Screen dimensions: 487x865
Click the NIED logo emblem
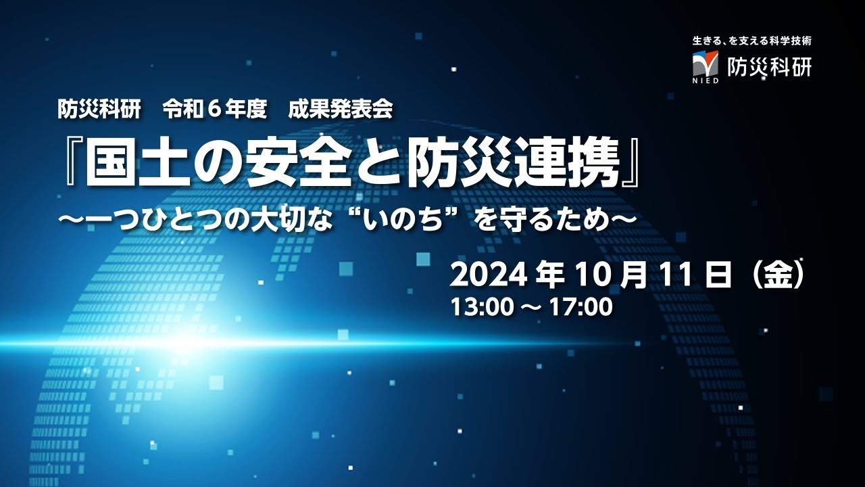pyautogui.click(x=705, y=64)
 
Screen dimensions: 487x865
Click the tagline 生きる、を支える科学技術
pyautogui.click(x=751, y=41)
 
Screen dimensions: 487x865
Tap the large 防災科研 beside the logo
pyautogui.click(x=768, y=66)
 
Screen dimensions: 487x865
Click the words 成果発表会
pyautogui.click(x=340, y=110)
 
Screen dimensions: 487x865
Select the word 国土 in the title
pyautogui.click(x=140, y=164)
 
